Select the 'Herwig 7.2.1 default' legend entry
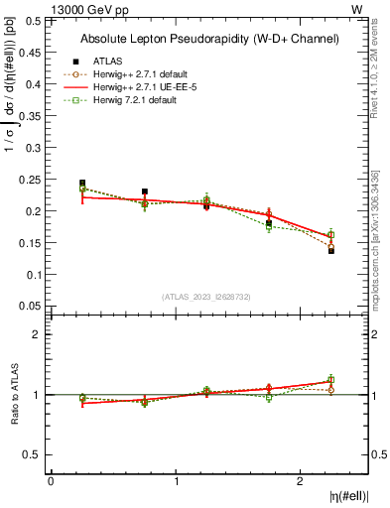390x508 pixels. [x=133, y=100]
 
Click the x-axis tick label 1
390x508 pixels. [x=177, y=481]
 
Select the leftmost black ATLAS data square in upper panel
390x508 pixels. [x=82, y=184]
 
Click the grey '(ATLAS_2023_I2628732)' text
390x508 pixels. [x=207, y=296]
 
